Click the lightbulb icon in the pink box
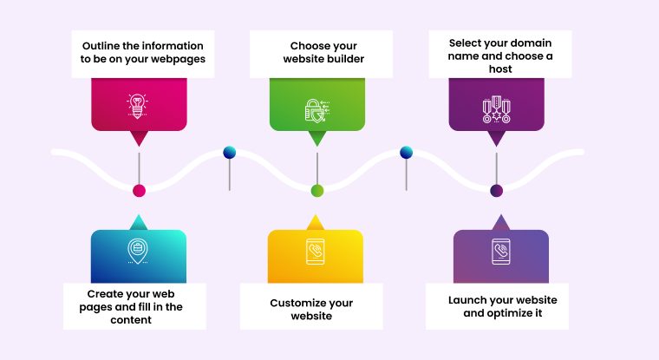pyautogui.click(x=138, y=106)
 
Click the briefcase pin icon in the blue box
pyautogui.click(x=137, y=251)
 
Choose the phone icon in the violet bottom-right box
pyautogui.click(x=501, y=252)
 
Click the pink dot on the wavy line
pyautogui.click(x=139, y=191)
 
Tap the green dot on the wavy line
pyautogui.click(x=317, y=191)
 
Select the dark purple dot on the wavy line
pyautogui.click(x=496, y=191)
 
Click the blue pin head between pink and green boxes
pyautogui.click(x=229, y=153)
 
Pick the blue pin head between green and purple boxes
pyautogui.click(x=406, y=153)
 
